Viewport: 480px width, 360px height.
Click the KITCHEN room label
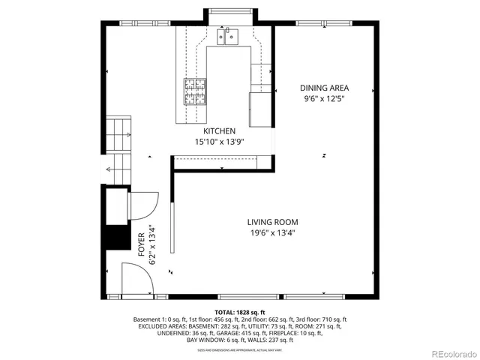pyautogui.click(x=220, y=130)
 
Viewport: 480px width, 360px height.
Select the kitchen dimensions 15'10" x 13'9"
pyautogui.click(x=220, y=141)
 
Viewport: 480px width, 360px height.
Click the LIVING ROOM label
pyautogui.click(x=274, y=222)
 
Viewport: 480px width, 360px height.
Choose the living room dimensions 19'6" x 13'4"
pyautogui.click(x=274, y=232)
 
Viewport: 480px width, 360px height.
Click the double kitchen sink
pyautogui.click(x=226, y=36)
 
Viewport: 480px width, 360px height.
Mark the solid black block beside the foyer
pyautogui.click(x=115, y=238)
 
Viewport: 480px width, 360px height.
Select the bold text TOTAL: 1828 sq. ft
pyautogui.click(x=240, y=311)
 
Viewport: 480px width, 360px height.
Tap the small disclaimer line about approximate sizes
pyautogui.click(x=240, y=349)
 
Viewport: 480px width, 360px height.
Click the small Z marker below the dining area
pyautogui.click(x=324, y=155)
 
